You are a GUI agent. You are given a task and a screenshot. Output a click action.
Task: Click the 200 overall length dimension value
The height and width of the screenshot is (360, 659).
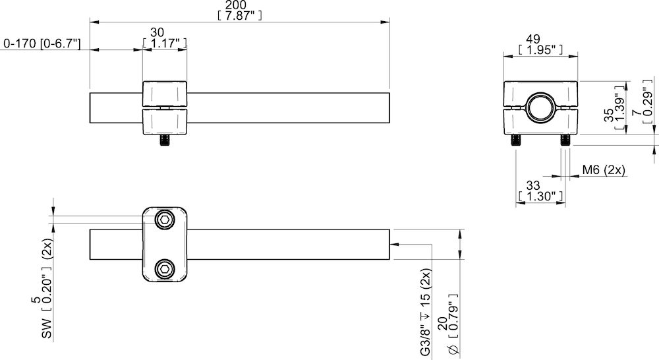(x=239, y=5)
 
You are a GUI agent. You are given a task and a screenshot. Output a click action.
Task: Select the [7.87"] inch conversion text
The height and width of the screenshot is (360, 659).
(x=239, y=16)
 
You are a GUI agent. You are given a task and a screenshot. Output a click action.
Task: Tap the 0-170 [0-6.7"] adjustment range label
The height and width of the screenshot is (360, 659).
(x=42, y=44)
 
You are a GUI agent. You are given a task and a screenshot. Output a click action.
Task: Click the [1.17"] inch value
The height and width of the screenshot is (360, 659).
(x=165, y=44)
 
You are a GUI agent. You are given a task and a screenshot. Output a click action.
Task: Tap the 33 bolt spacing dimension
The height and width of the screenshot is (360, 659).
(x=540, y=186)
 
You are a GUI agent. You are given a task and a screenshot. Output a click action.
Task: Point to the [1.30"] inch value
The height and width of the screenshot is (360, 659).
(x=540, y=196)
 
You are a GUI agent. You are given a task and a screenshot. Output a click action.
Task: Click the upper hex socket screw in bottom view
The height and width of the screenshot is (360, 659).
(x=164, y=220)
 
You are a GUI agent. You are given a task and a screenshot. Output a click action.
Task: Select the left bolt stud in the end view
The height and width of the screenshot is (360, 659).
(x=515, y=140)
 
